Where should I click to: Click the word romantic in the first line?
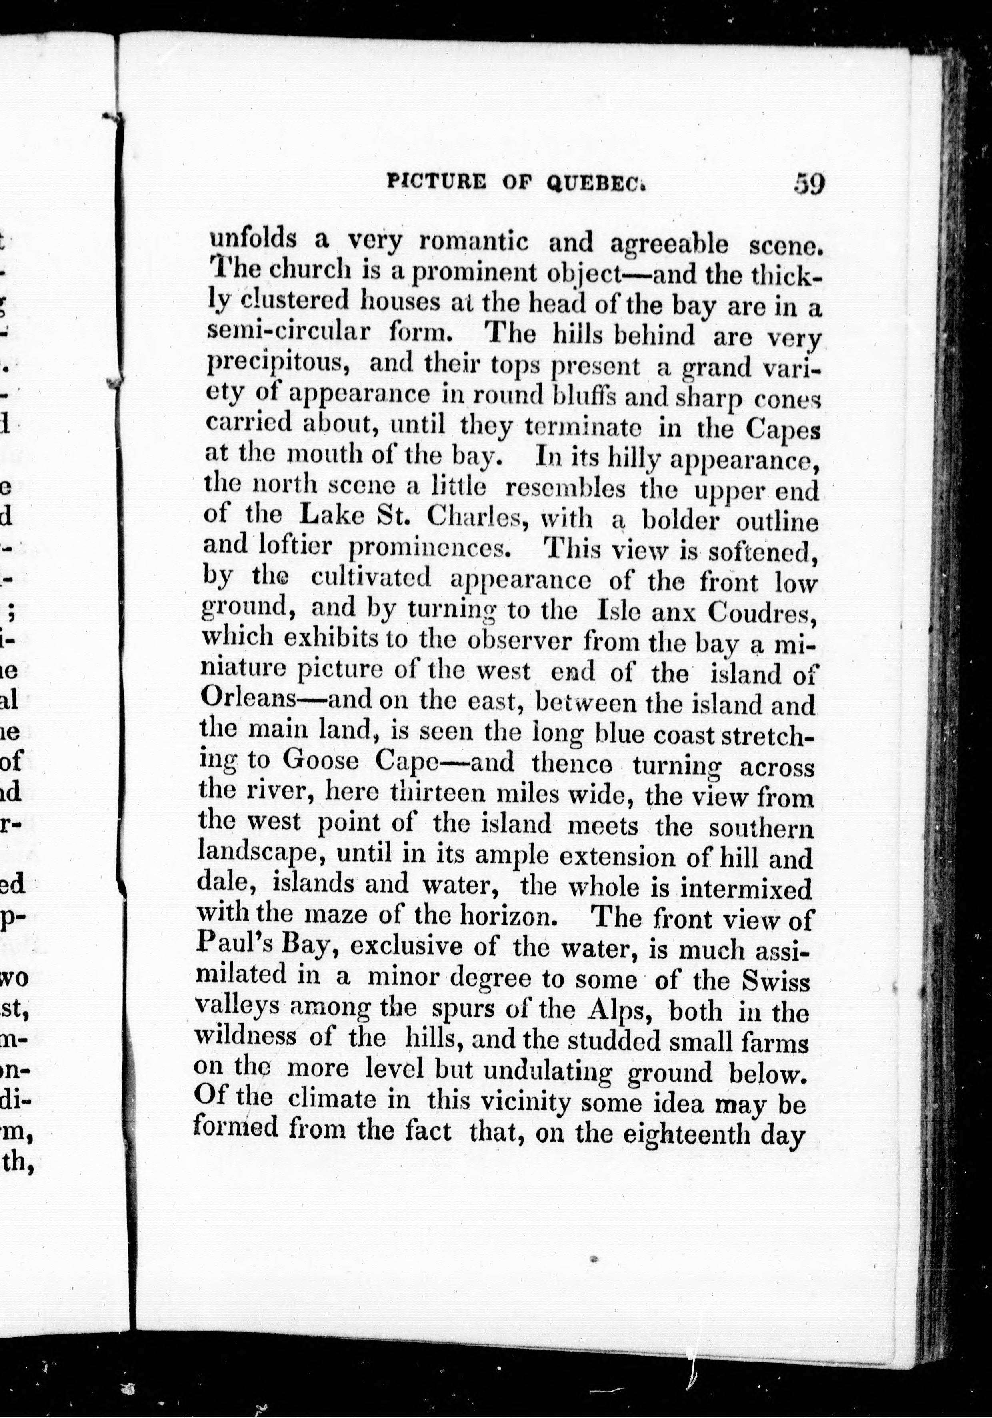pos(473,242)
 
